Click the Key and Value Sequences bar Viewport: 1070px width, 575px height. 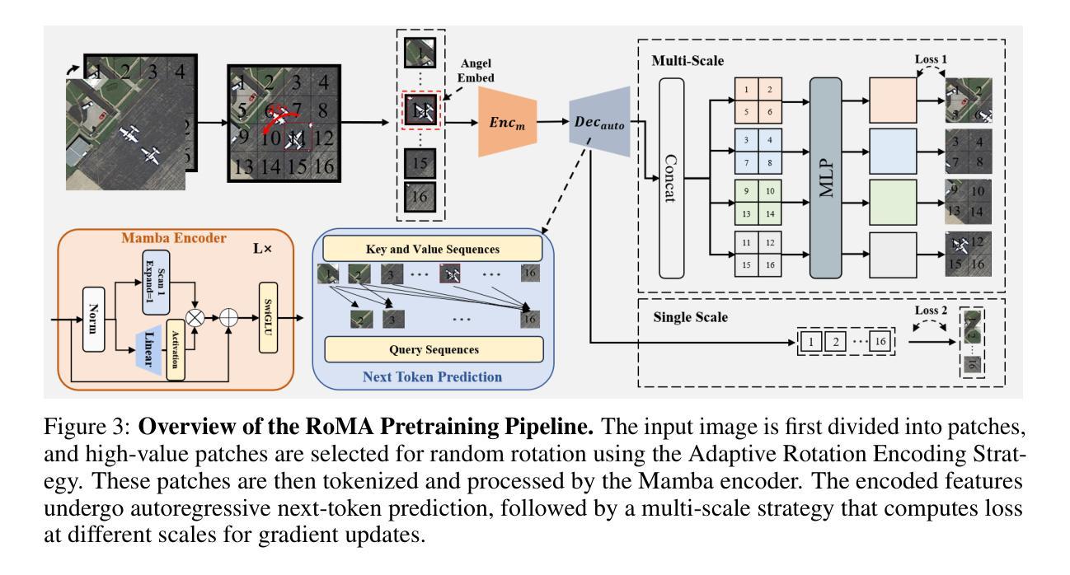pyautogui.click(x=433, y=248)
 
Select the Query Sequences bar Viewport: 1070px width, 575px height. pyautogui.click(x=434, y=349)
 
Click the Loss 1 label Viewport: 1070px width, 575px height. pyautogui.click(x=932, y=60)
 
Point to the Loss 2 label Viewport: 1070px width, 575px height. pyautogui.click(x=932, y=311)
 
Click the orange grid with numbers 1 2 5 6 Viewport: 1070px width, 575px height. pyautogui.click(x=758, y=101)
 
